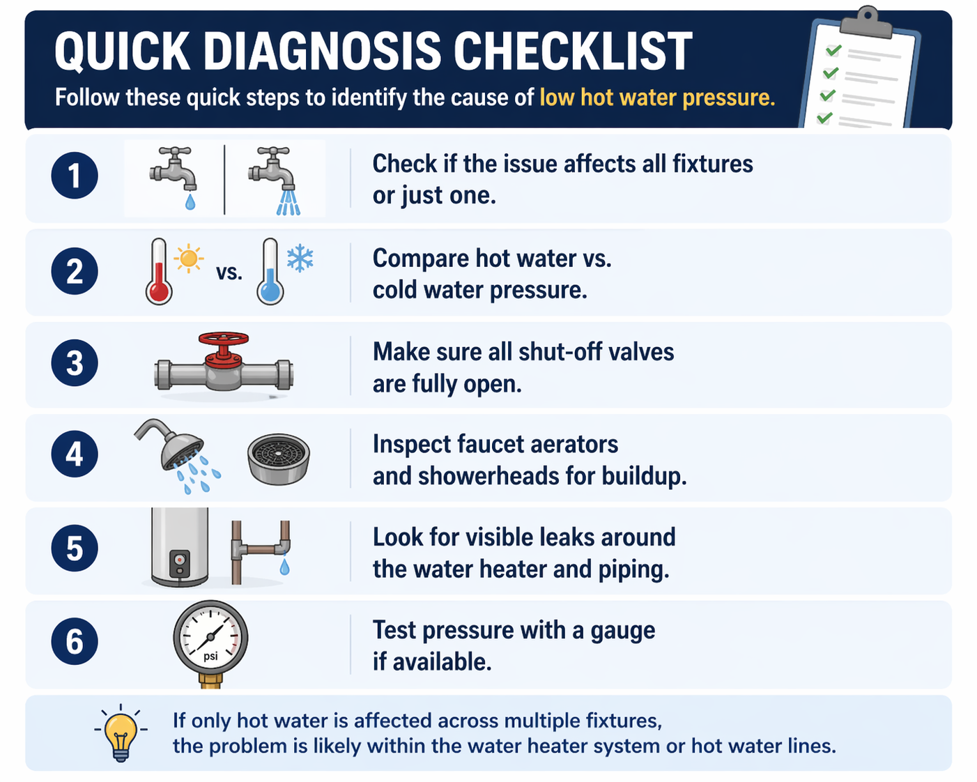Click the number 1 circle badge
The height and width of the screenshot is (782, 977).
pos(75,176)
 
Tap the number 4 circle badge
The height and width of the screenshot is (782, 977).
pos(75,454)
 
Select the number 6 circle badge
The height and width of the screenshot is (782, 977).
pos(75,641)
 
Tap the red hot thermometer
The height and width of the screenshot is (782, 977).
pos(158,271)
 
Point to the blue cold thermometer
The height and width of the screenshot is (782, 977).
pos(270,271)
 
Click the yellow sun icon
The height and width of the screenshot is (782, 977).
pos(188,259)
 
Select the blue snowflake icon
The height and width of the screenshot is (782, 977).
pos(300,259)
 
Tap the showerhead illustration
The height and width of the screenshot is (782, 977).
pos(178,454)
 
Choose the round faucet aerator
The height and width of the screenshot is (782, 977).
pos(279,459)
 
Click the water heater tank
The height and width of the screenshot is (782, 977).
pos(179,547)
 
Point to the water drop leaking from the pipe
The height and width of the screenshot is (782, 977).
pos(284,567)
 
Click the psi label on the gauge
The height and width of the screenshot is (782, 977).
pos(210,657)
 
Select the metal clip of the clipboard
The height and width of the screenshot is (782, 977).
pos(866,22)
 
